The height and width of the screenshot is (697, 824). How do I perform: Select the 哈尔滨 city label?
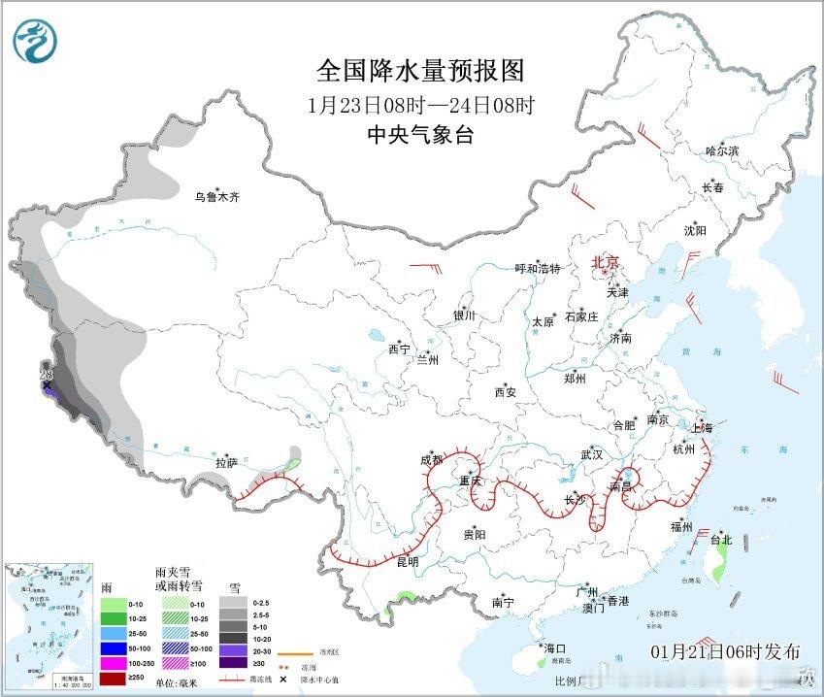722,151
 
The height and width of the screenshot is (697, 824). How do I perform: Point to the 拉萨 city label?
227,463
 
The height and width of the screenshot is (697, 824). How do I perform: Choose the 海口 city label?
554,648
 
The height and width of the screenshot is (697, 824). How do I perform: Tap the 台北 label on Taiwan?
721,540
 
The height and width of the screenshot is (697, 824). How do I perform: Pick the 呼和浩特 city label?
538,269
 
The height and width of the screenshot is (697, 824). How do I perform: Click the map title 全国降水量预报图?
420,71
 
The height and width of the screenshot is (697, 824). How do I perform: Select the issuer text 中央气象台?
420,136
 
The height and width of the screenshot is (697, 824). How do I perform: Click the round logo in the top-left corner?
35,41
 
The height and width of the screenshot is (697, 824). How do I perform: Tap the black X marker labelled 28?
47,385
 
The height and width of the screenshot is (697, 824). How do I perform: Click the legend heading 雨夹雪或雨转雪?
179,580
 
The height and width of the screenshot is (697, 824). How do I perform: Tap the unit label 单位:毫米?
180,681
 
